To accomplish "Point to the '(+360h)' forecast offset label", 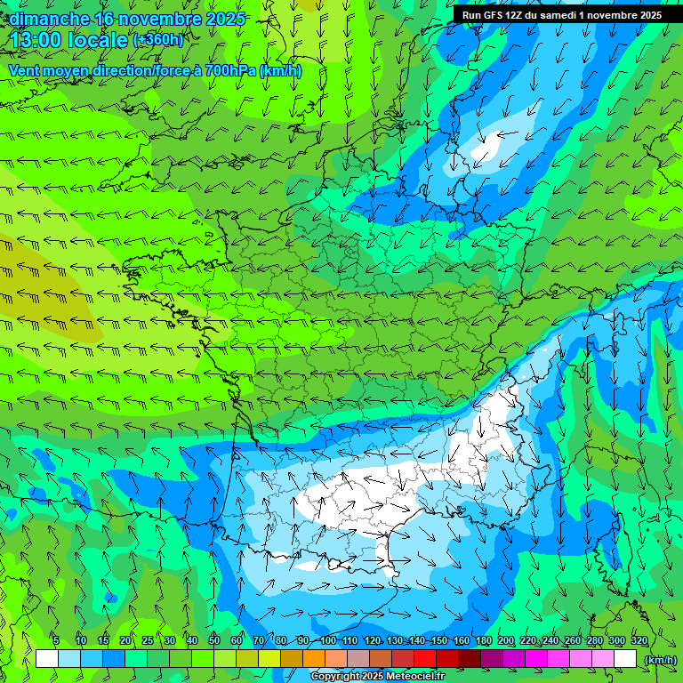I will click(x=158, y=39).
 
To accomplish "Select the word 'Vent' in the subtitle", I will click(x=25, y=70).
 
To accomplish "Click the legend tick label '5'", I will click(x=56, y=641).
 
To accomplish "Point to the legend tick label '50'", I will click(x=214, y=641).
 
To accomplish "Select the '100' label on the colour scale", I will click(x=328, y=641).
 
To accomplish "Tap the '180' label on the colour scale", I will click(x=483, y=641).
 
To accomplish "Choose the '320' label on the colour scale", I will click(x=639, y=641).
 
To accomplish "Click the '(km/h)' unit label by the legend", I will click(x=660, y=659).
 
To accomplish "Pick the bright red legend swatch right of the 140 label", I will click(x=425, y=659).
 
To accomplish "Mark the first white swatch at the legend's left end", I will click(x=47, y=659).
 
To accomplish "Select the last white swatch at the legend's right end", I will click(x=625, y=659).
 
